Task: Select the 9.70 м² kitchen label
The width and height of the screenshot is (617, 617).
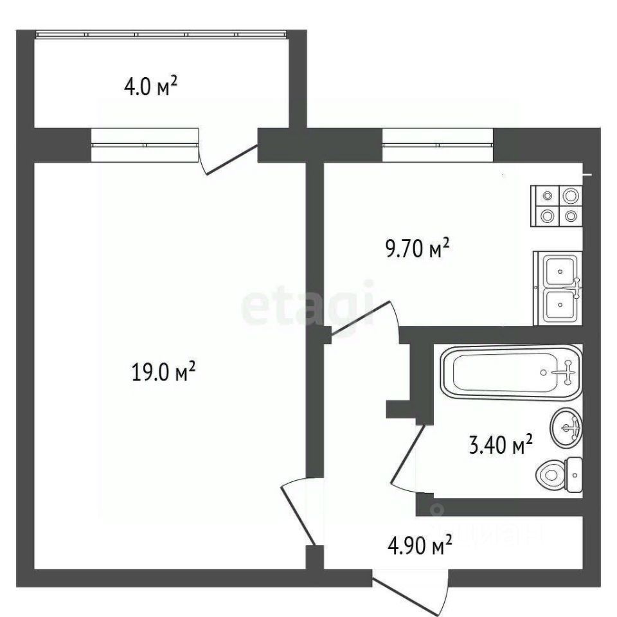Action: pyautogui.click(x=416, y=249)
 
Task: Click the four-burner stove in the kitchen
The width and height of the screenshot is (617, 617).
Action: pyautogui.click(x=557, y=206)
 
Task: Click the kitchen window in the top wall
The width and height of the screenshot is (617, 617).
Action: pyautogui.click(x=438, y=138)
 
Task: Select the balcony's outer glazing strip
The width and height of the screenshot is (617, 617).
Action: pyautogui.click(x=161, y=33)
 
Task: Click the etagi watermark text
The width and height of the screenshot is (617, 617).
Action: pyautogui.click(x=307, y=303)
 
